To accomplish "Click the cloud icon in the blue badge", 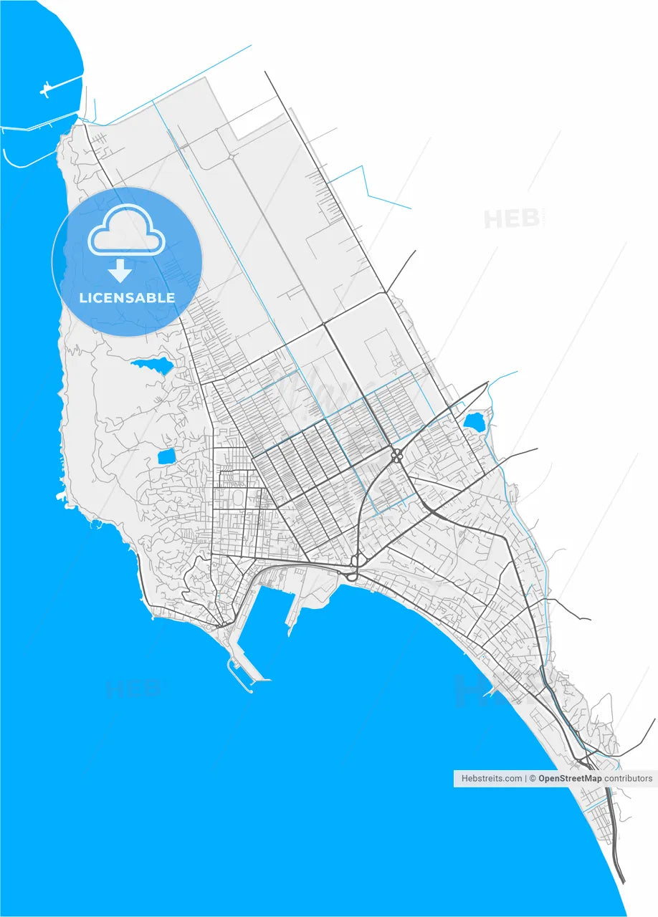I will [127, 231].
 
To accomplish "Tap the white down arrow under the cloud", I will [120, 270].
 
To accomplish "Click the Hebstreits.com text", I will [492, 778].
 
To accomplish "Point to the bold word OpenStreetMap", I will [570, 778].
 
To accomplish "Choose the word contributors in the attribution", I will [629, 778].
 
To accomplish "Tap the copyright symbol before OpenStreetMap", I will [533, 778].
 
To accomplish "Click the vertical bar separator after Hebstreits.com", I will [525, 778].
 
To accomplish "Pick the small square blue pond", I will [166, 456].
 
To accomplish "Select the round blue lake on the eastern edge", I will [475, 421].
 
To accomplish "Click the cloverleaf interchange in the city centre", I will [396, 455].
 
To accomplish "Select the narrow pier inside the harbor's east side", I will [292, 617].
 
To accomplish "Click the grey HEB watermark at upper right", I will [512, 219].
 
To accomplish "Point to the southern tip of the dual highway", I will [622, 880].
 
